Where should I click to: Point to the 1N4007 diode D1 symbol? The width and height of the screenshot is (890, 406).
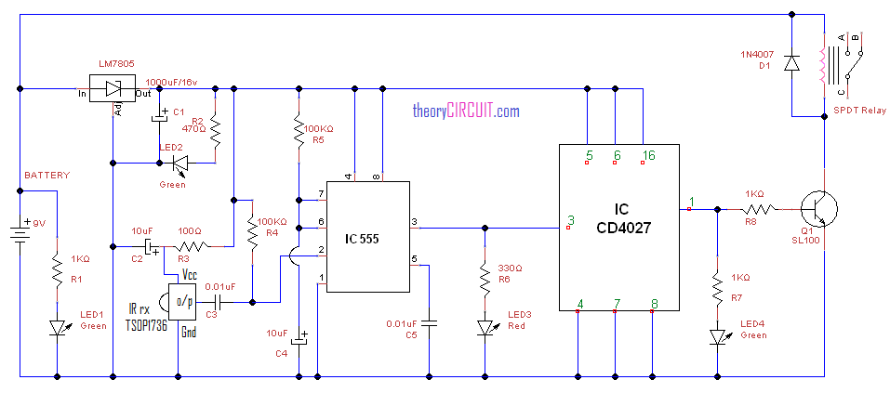pos(790,63)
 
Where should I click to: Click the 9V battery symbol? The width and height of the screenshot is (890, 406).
pos(19,229)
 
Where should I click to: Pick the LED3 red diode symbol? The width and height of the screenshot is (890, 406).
pos(484,327)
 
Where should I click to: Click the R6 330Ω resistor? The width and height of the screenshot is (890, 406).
pos(484,277)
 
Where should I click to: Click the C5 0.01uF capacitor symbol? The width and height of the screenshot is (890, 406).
pos(428,324)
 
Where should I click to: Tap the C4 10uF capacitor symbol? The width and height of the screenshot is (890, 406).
pos(298,339)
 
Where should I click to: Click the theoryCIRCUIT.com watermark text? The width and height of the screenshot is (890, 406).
pos(465,111)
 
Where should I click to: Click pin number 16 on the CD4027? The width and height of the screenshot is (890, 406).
pos(647,155)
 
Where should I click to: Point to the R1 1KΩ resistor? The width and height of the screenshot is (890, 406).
pos(58,270)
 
